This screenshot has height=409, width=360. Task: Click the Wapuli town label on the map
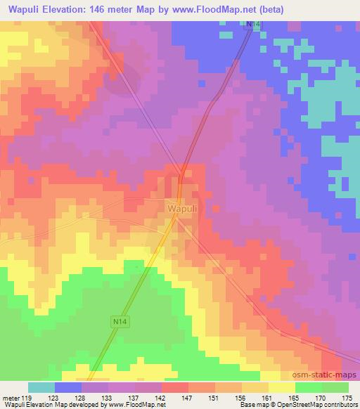click(x=181, y=209)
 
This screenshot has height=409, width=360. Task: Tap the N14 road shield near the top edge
click(x=252, y=24)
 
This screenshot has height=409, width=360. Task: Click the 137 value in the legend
click(x=138, y=398)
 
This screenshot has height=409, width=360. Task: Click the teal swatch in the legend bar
click(x=41, y=387)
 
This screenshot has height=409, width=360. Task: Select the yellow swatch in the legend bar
click(x=282, y=387)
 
